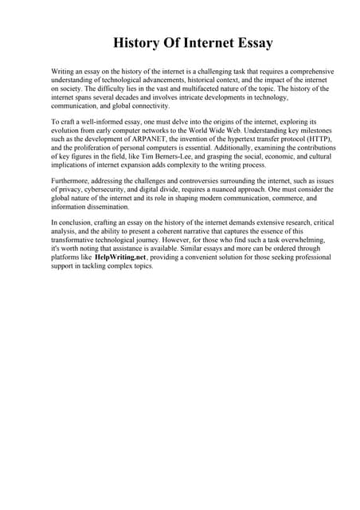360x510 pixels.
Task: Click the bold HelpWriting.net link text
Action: [x=120, y=257]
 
